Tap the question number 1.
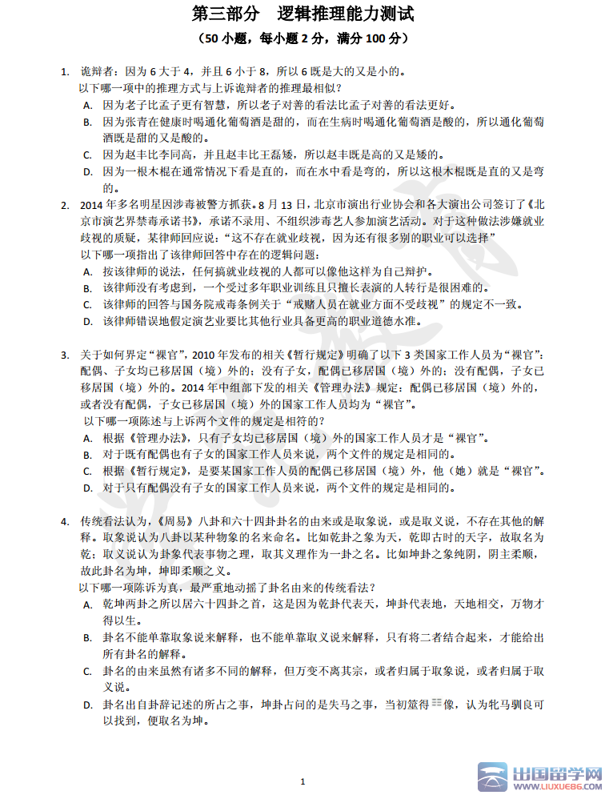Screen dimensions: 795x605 pyautogui.click(x=65, y=72)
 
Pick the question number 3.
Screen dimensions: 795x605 pyautogui.click(x=65, y=355)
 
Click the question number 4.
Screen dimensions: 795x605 pyautogui.click(x=65, y=522)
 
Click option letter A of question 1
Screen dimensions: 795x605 pyautogui.click(x=87, y=105)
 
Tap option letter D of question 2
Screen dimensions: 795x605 pyautogui.click(x=87, y=322)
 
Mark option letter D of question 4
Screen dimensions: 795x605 pyautogui.click(x=87, y=705)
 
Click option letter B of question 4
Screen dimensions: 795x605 pyautogui.click(x=87, y=638)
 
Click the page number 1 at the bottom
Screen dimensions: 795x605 pyautogui.click(x=302, y=781)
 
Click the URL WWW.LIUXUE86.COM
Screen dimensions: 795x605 pyautogui.click(x=555, y=786)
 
